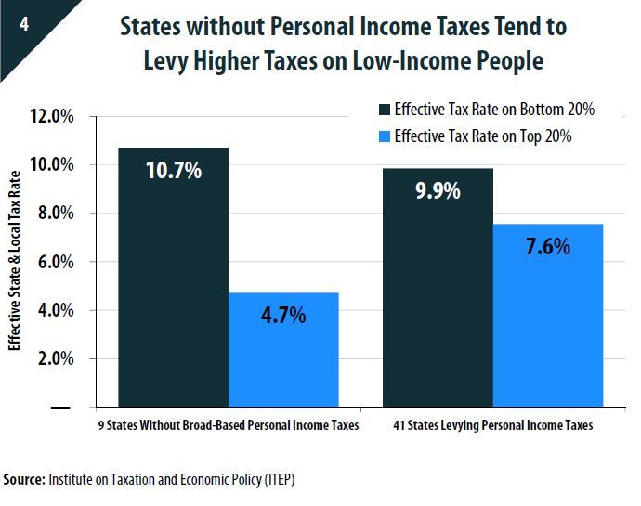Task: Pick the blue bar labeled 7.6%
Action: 547,316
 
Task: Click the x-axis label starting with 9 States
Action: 228,426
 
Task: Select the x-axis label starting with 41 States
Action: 492,426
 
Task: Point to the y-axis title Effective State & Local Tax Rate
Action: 15,264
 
